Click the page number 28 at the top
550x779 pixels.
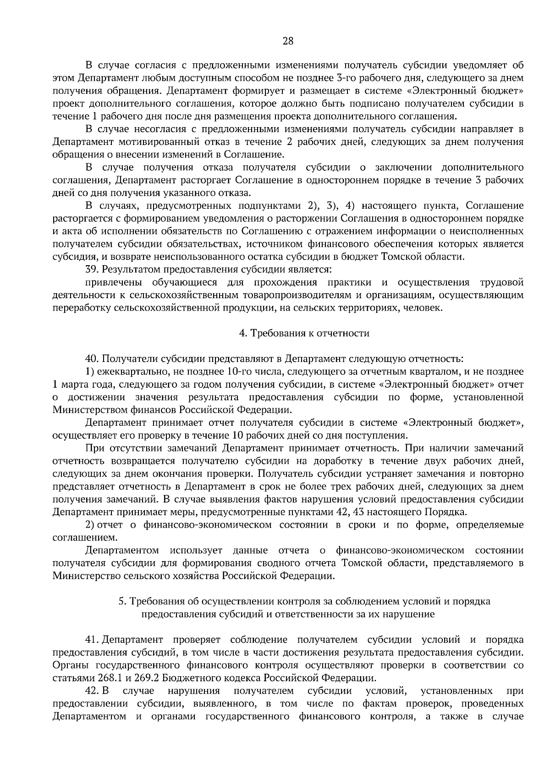click(288, 41)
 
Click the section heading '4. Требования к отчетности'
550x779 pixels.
click(304, 333)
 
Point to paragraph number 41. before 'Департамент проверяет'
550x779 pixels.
click(93, 640)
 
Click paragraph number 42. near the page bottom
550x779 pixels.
click(93, 691)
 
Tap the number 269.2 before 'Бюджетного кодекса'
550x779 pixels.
click(147, 678)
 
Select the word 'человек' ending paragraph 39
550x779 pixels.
click(424, 307)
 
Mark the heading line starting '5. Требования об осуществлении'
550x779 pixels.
click(304, 601)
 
